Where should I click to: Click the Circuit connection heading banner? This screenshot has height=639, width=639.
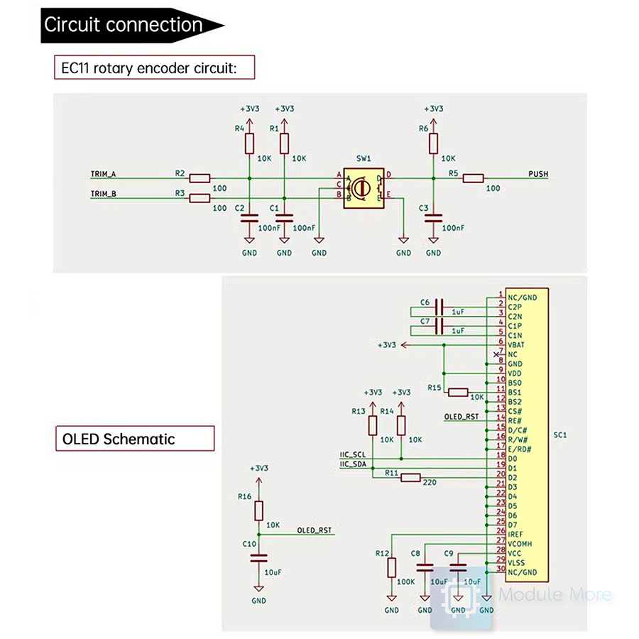[x=124, y=25]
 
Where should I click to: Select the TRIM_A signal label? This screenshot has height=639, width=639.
[x=104, y=174]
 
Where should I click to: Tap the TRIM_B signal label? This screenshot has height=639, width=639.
[x=104, y=193]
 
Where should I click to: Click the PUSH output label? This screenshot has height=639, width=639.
[x=538, y=174]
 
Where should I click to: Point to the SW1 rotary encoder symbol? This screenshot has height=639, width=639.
[x=361, y=188]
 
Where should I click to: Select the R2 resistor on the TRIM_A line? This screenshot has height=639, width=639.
[x=200, y=178]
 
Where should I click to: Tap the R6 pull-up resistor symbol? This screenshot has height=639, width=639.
[x=433, y=144]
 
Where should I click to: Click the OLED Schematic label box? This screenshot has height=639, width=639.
[x=134, y=439]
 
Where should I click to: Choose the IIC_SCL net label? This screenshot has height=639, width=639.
[x=353, y=454]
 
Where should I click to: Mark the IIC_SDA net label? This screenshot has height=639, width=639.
[x=353, y=464]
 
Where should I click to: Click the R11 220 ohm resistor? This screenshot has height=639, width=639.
[x=411, y=478]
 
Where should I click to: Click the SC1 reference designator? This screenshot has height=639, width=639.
[x=559, y=434]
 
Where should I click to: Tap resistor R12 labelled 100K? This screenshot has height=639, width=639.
[x=391, y=567]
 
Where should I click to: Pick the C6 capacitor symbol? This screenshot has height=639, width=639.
[x=439, y=307]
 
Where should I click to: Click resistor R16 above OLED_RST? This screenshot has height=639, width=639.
[x=258, y=510]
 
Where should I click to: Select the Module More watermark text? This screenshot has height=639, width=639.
[x=555, y=595]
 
